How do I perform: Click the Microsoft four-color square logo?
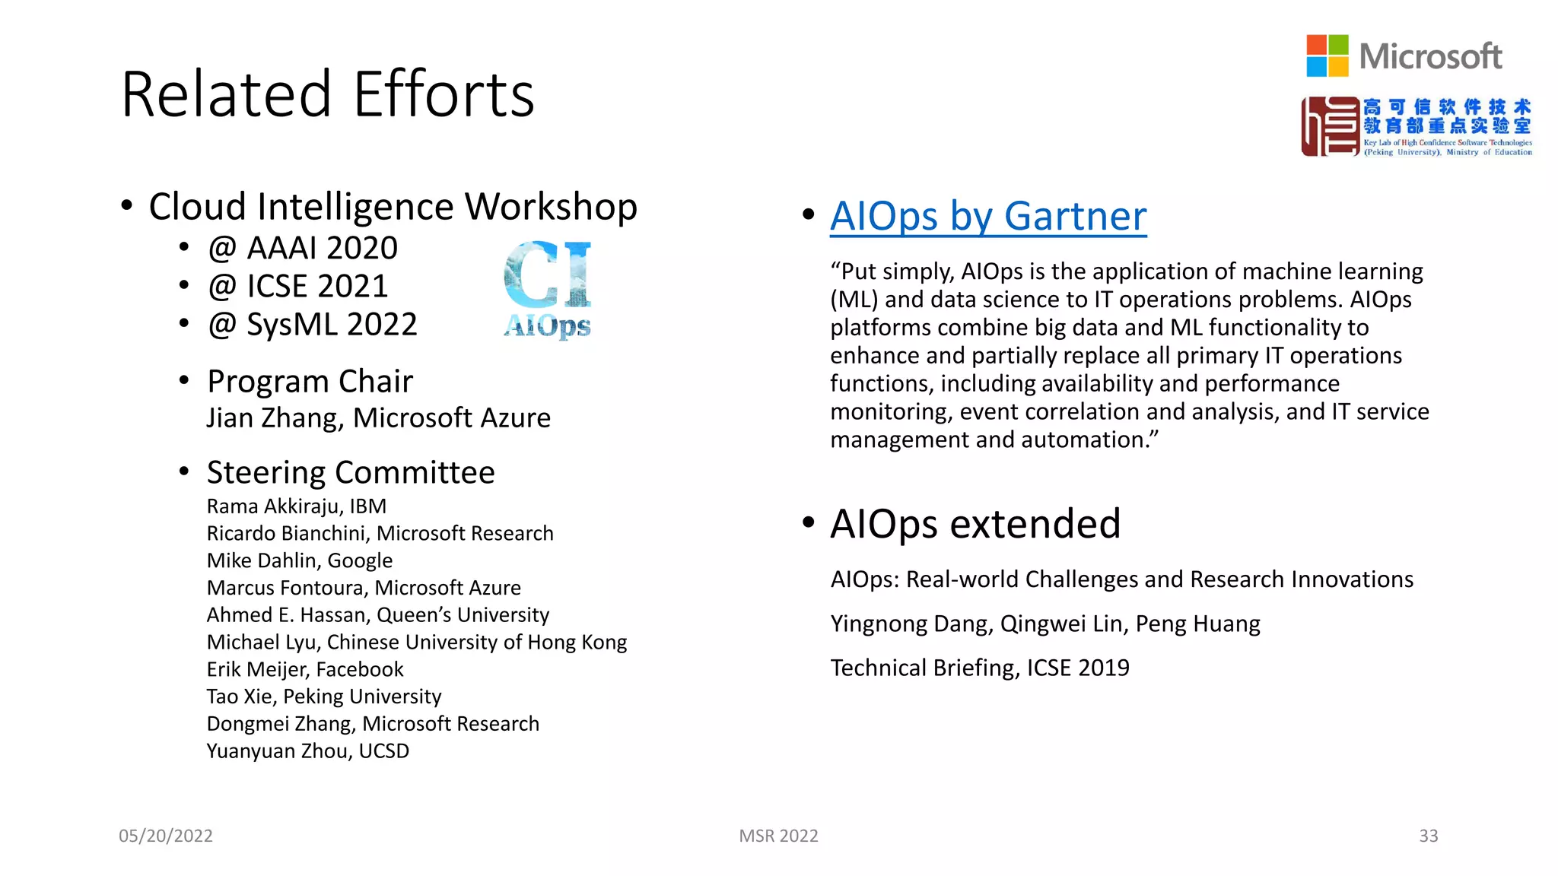pos(1327,56)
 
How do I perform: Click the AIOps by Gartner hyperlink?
pos(987,217)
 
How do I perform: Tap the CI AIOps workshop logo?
pos(548,289)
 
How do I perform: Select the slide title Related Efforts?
pos(327,94)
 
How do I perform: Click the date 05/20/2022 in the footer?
pos(166,836)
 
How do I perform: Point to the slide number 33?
pos(1428,836)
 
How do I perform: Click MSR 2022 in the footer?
pos(778,836)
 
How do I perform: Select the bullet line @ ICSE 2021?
pos(297,287)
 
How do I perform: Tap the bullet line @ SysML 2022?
pos(312,325)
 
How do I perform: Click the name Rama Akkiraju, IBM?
pos(296,506)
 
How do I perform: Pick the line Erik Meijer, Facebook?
pos(304,669)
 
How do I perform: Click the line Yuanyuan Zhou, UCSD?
pos(307,751)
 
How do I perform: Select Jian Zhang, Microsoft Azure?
pos(378,418)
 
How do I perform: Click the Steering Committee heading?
pos(350,473)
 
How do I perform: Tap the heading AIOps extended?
pos(975,524)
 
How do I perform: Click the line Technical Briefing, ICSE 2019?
pos(979,668)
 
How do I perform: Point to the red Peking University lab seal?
pos(1330,126)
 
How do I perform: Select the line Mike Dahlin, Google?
pos(299,560)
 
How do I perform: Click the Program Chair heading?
pos(310,382)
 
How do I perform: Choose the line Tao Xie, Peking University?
pos(323,697)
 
